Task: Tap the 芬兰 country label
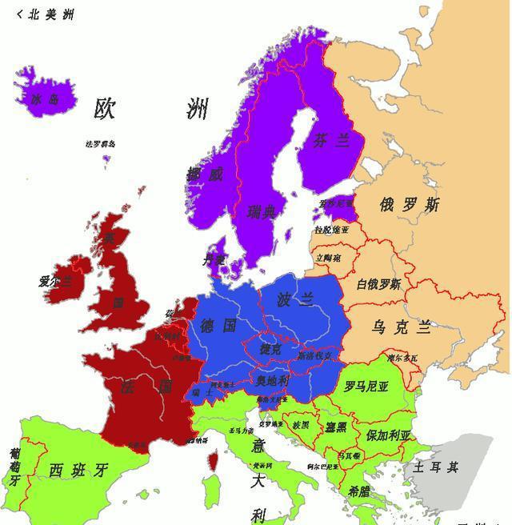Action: click(331, 141)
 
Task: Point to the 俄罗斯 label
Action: click(410, 205)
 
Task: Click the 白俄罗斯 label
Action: click(379, 284)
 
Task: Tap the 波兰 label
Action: click(296, 300)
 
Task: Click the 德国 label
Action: click(218, 326)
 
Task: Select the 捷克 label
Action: click(270, 350)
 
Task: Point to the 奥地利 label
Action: click(272, 380)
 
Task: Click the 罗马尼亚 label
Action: click(366, 387)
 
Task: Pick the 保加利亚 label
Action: click(388, 436)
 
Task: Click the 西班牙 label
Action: click(78, 470)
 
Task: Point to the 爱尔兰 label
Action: click(54, 282)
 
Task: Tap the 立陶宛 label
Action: click(328, 258)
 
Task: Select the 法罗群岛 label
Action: click(101, 144)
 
